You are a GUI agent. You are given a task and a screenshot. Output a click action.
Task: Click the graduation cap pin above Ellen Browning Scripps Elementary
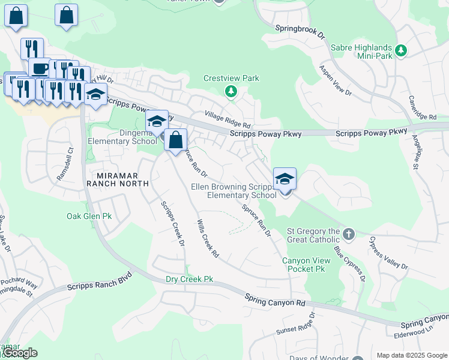click(285, 179)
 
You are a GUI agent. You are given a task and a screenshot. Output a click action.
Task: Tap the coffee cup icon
click(40, 68)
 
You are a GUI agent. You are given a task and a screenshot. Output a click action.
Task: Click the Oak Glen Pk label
click(89, 216)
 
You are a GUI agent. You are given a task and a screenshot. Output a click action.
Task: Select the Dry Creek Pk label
click(190, 280)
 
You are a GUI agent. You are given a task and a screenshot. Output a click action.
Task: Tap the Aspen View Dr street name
click(335, 80)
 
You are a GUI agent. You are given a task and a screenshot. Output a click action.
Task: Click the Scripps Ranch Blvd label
click(99, 284)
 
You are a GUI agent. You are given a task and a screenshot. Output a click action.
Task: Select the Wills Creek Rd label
click(207, 239)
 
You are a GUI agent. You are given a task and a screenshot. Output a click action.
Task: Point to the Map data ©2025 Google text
click(412, 355)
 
